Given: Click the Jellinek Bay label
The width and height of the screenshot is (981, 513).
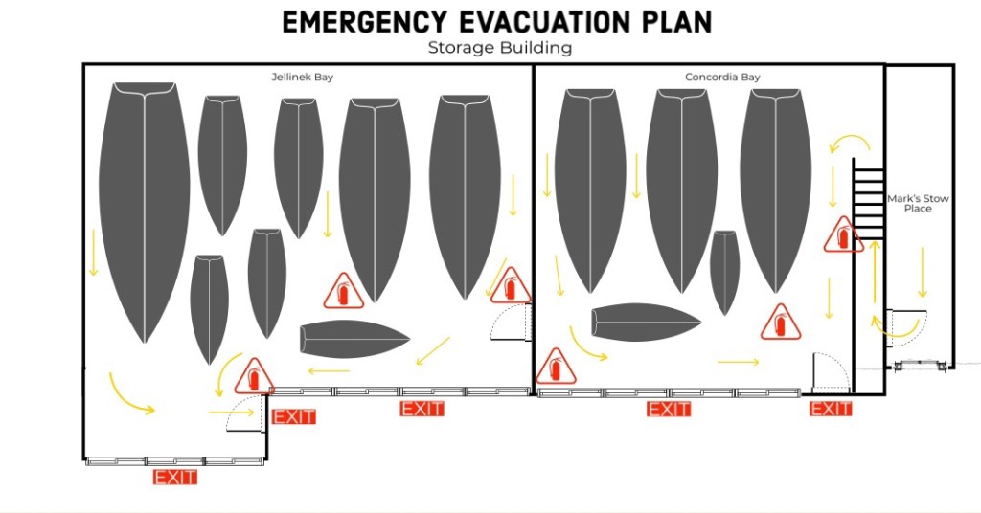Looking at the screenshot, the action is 302,77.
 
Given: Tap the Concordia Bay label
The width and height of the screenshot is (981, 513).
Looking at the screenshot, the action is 722,77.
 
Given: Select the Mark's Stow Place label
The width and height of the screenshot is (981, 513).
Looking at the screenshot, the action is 918,203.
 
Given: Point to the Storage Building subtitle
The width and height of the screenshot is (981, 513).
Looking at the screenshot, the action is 500,48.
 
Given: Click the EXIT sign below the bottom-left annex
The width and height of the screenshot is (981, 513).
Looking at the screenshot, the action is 175,478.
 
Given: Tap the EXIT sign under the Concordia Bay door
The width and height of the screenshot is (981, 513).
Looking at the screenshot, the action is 831,410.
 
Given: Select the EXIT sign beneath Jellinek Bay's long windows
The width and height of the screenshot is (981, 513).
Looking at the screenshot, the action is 422,410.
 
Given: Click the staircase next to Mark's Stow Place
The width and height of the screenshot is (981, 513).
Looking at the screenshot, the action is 868,199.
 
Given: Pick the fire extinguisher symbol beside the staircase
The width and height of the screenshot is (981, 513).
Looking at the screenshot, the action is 843,235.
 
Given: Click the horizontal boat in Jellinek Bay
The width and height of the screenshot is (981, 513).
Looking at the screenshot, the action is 354,340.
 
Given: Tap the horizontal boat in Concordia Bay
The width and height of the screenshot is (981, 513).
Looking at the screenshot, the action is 647,323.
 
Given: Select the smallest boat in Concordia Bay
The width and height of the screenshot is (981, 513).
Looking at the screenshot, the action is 725,273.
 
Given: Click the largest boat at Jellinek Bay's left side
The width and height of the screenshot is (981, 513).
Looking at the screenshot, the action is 145,212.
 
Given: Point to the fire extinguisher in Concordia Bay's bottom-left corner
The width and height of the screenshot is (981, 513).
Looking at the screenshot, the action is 556,367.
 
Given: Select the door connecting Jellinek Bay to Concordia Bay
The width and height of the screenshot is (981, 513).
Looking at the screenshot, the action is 512,322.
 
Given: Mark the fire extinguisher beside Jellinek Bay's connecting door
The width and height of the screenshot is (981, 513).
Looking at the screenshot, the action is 511,286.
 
